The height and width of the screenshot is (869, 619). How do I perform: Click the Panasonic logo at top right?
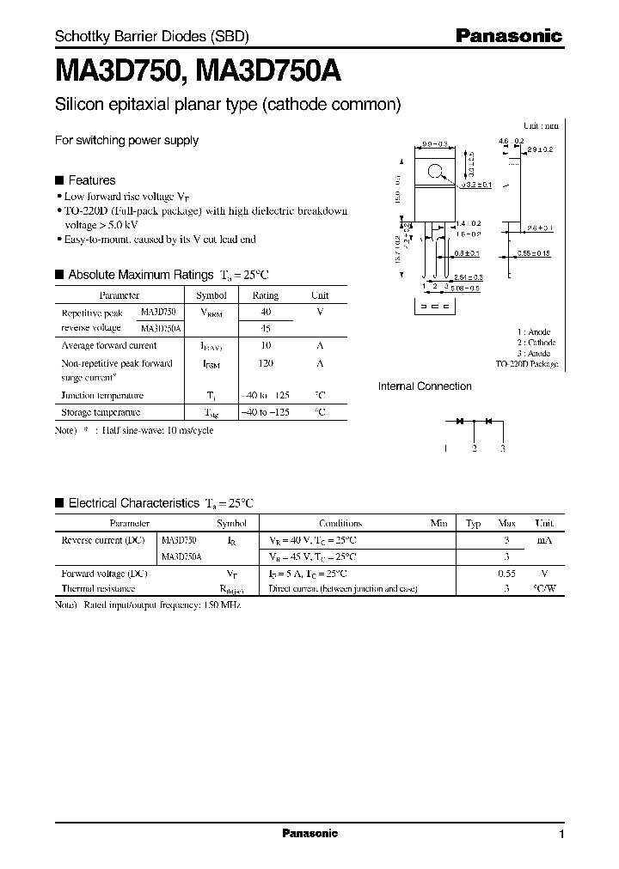(x=507, y=36)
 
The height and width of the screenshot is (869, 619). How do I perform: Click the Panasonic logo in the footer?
(x=310, y=833)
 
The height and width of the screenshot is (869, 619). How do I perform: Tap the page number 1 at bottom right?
(x=561, y=835)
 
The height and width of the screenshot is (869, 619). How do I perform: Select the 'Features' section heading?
(x=91, y=180)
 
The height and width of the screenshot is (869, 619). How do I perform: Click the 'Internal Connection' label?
(x=425, y=386)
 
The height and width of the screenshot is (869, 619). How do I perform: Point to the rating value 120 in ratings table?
(x=266, y=363)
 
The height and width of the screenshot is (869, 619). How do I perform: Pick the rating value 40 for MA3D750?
(x=266, y=313)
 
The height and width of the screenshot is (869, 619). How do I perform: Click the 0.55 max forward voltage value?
(x=507, y=573)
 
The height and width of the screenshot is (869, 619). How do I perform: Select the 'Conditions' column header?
(x=340, y=523)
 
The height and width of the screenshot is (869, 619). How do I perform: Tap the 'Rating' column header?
(x=266, y=295)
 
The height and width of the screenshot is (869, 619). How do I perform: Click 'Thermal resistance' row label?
(x=98, y=589)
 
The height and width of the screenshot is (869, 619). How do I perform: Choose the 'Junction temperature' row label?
(x=102, y=396)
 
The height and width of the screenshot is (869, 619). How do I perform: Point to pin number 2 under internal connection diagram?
(x=474, y=448)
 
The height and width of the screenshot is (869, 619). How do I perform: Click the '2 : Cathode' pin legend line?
(x=536, y=343)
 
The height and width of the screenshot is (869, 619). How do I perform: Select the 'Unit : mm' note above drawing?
(x=541, y=125)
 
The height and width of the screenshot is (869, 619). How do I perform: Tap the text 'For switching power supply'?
(x=126, y=140)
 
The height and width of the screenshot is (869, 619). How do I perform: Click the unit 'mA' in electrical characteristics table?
(x=543, y=540)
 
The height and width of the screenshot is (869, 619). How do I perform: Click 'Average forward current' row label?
(x=108, y=345)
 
